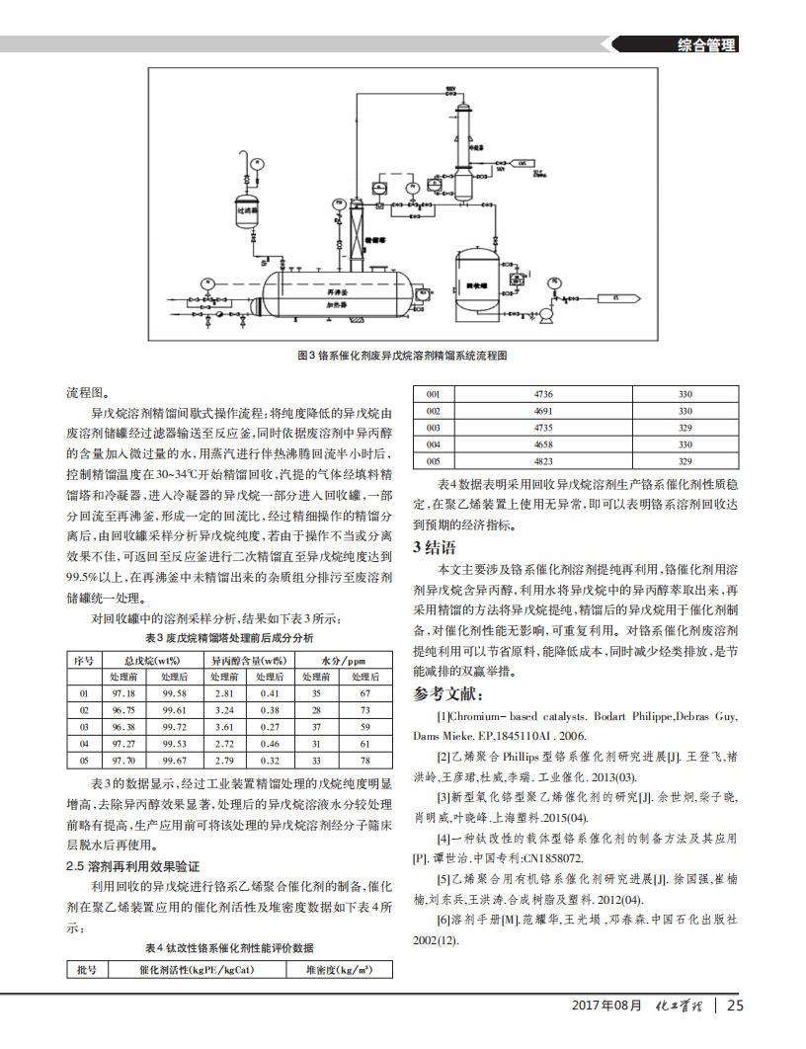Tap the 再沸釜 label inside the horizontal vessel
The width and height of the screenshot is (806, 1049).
pos(318,292)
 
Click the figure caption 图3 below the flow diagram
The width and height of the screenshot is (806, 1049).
pos(403,355)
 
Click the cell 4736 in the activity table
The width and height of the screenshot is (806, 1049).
pos(542,394)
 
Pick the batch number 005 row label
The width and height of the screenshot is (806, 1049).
pos(433,461)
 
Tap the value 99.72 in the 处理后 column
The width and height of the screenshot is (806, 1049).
pos(174,725)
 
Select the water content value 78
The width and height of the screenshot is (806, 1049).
pos(363,761)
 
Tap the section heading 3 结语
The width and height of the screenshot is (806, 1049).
pos(434,547)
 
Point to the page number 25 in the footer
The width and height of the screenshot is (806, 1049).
pos(735,1006)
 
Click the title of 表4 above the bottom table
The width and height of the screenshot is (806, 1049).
pos(229,946)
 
